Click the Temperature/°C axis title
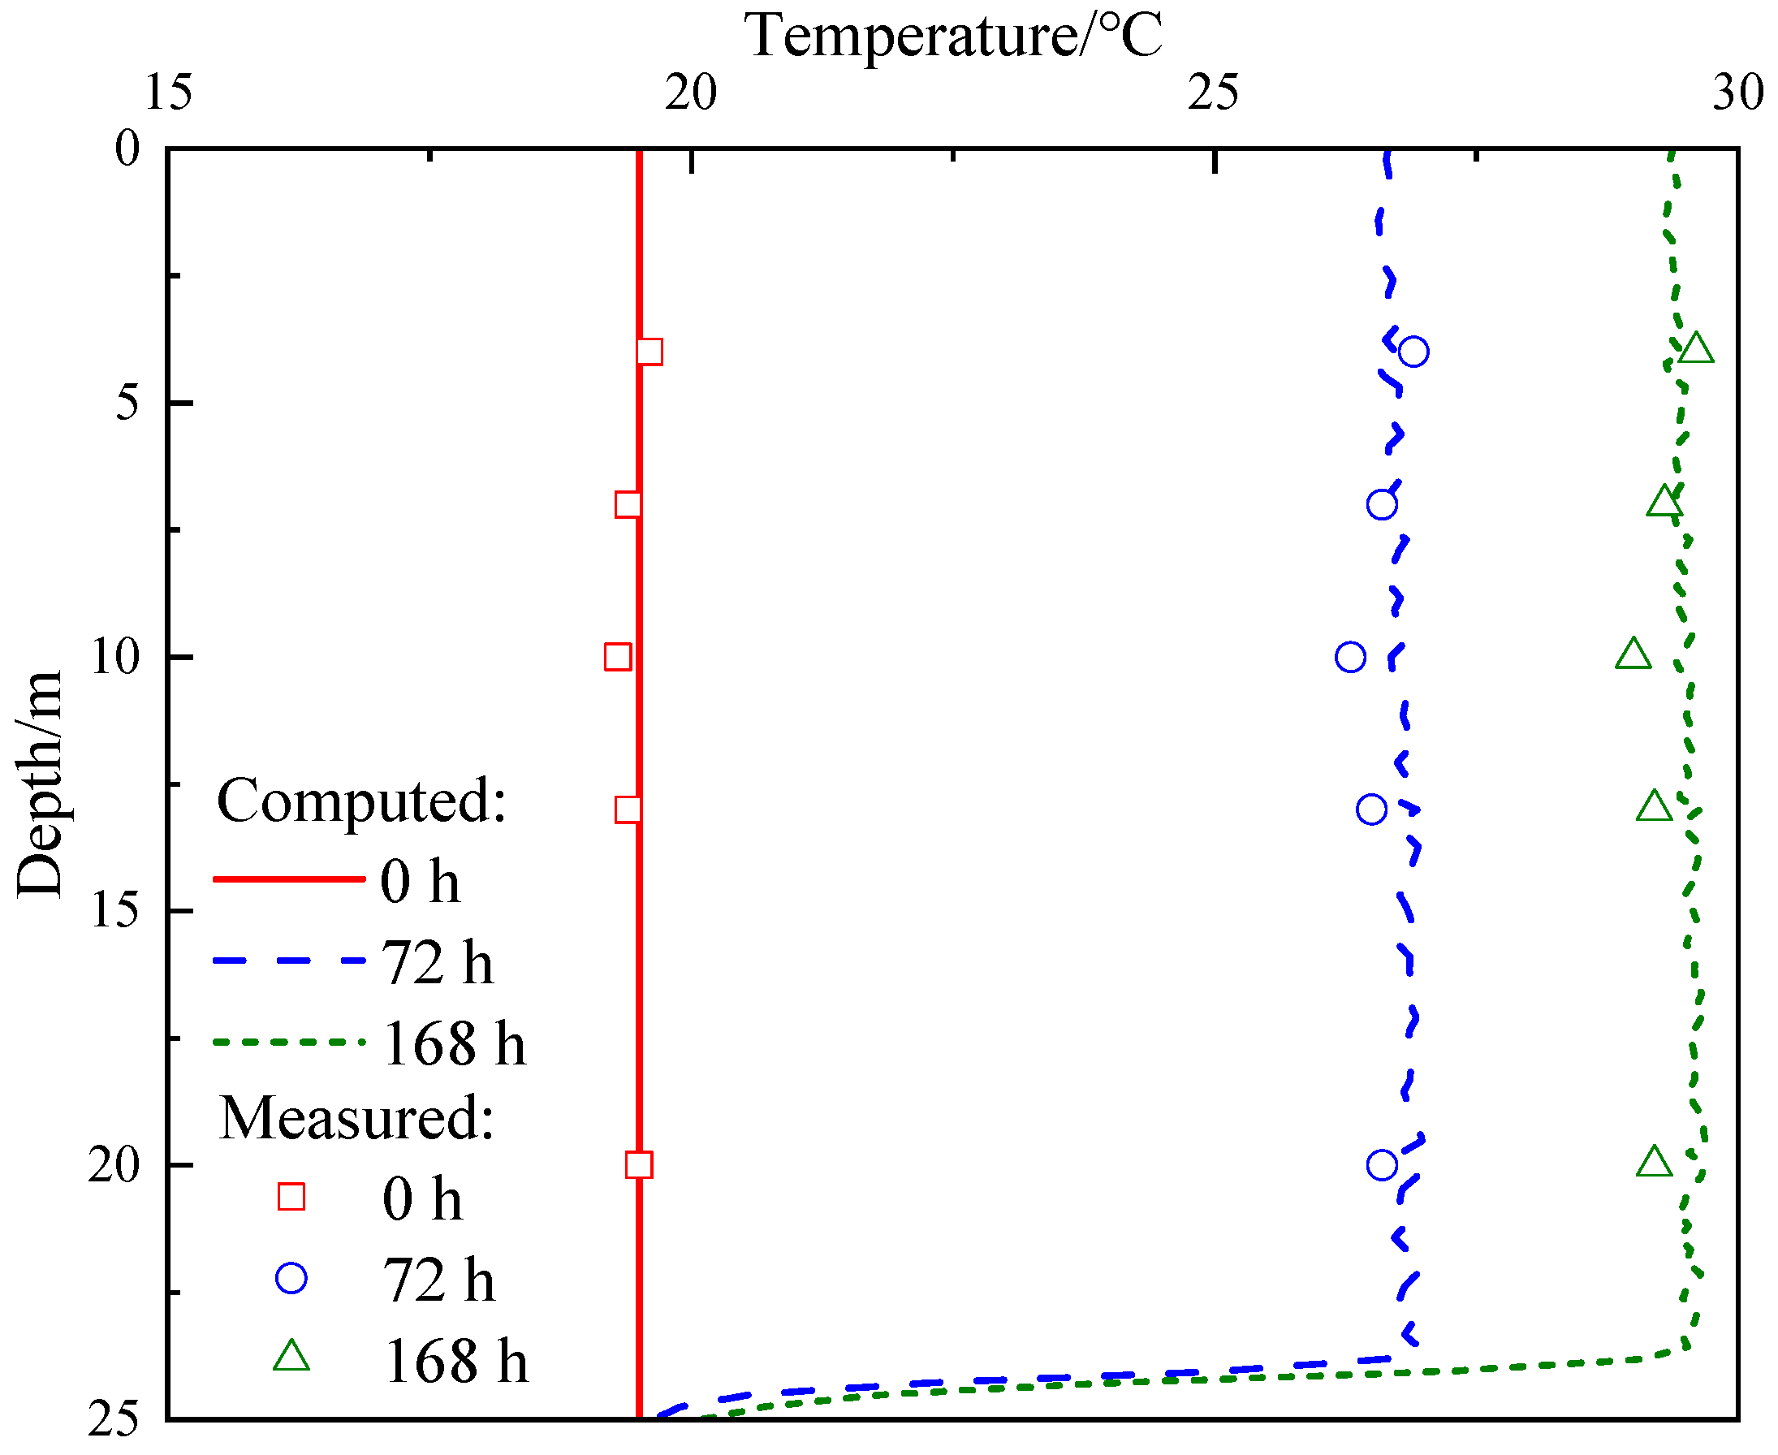[952, 37]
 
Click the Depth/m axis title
[40, 784]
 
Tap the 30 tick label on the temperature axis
[1737, 93]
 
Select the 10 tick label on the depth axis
[114, 656]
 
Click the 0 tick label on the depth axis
[127, 149]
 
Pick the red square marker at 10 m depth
[618, 657]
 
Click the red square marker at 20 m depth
[638, 1165]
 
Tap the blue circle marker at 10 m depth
[1350, 657]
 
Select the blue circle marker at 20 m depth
[1382, 1165]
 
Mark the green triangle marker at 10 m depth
[1633, 654]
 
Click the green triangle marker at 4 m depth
[1696, 348]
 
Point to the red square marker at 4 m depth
[649, 352]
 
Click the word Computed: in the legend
[362, 801]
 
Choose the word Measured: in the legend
[357, 1118]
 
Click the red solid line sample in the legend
[289, 879]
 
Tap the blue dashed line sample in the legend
[289, 961]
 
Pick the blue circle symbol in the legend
[291, 1278]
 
